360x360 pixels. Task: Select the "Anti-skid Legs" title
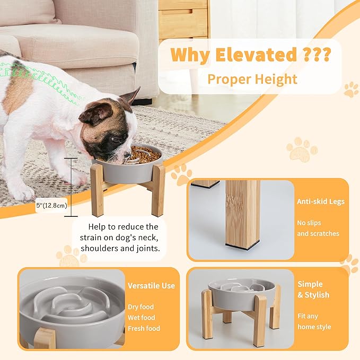click(x=321, y=201)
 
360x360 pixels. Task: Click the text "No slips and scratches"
click(x=318, y=228)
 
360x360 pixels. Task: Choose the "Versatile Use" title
click(x=151, y=286)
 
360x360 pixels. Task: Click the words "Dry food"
click(x=141, y=307)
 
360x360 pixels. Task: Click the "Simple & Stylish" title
click(x=313, y=289)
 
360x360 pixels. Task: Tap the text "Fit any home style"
click(x=314, y=321)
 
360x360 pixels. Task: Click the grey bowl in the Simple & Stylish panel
click(x=241, y=292)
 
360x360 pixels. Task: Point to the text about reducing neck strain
click(x=119, y=238)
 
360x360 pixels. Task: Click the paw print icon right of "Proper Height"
click(x=350, y=90)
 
